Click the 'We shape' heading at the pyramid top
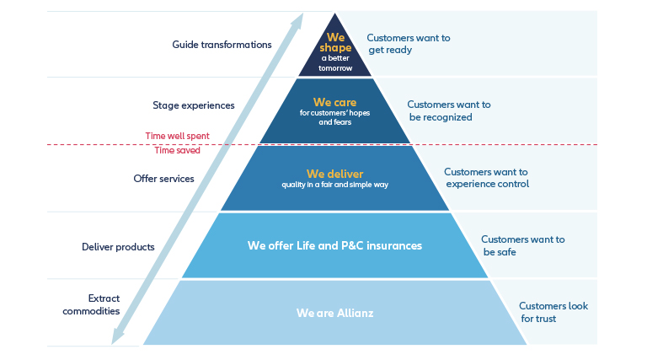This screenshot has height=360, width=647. (x=335, y=42)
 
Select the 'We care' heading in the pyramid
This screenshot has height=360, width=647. (x=334, y=102)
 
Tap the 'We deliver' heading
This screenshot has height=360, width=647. (x=334, y=174)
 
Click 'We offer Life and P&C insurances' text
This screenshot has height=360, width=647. (x=334, y=245)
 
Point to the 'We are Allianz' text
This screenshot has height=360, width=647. (x=334, y=313)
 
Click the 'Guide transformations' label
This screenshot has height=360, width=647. (x=222, y=45)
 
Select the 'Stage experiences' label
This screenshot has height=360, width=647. (x=194, y=105)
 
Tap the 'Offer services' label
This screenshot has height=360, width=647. (x=163, y=179)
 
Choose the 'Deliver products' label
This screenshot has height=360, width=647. (x=118, y=247)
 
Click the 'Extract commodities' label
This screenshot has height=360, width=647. (x=91, y=304)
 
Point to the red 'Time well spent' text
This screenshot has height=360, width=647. (x=178, y=137)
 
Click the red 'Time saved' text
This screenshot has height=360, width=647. (x=178, y=150)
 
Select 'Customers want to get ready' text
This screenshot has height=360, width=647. (x=409, y=44)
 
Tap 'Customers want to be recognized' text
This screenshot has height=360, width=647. (x=449, y=111)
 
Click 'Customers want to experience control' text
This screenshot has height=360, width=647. (x=486, y=178)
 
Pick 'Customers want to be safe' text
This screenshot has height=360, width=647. (x=523, y=245)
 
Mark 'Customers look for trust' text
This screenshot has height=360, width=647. (x=553, y=312)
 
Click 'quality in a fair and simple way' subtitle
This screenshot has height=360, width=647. (x=334, y=185)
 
